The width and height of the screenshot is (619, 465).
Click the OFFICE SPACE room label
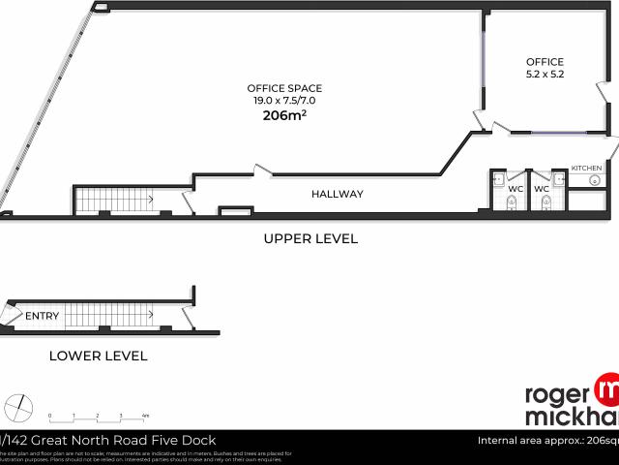[x=284, y=88]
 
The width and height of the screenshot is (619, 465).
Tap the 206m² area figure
[x=284, y=115]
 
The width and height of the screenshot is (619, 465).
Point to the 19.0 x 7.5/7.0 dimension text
[x=284, y=101]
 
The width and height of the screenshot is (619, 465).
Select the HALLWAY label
[x=338, y=194]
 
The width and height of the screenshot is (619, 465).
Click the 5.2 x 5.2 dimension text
[x=545, y=74]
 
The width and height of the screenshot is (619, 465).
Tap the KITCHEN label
[x=586, y=169]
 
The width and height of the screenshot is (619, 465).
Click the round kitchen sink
[x=595, y=180]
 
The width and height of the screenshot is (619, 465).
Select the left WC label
[x=516, y=189]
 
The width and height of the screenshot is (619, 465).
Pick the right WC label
[x=542, y=189]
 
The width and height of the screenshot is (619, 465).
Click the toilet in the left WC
[x=512, y=201]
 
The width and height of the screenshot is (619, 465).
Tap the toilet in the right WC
[x=546, y=201]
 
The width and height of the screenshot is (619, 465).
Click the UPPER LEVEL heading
[x=310, y=238]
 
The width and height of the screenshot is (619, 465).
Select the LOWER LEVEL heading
[x=98, y=356]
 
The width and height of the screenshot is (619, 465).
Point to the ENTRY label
[x=42, y=316]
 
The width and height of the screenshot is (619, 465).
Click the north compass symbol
[x=17, y=405]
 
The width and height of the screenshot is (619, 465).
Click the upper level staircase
[x=114, y=200]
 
